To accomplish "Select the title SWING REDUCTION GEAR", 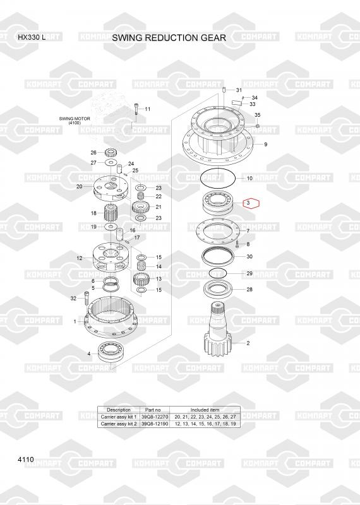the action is point(169,38).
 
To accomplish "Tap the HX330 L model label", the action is point(32,37).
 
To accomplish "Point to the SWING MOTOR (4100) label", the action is point(75,121).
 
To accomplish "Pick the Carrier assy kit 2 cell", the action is point(119,424).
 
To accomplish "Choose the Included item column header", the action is point(205,410).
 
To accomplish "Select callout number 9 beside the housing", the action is point(265,145).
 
